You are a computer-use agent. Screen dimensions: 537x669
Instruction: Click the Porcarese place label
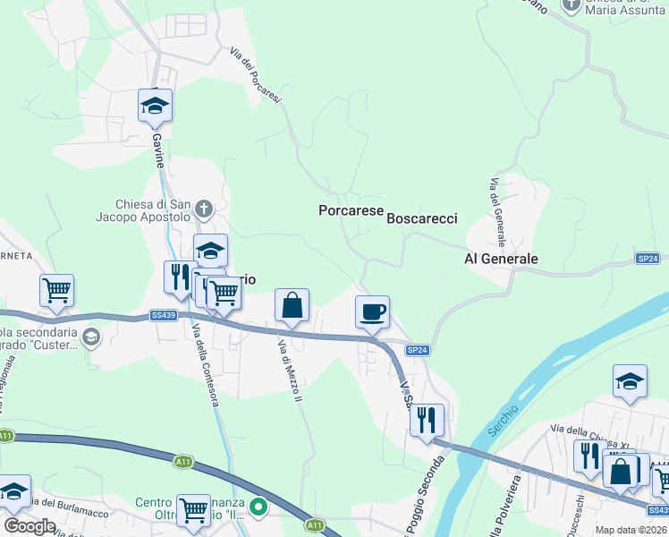[351, 210]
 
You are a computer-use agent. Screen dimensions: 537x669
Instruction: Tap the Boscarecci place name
[421, 218]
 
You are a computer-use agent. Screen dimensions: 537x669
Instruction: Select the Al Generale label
[501, 259]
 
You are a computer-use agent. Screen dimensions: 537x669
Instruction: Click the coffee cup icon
[372, 313]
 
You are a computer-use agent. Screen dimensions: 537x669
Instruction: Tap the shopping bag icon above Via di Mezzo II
[292, 306]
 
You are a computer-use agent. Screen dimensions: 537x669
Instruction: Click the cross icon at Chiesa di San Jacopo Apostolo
[204, 210]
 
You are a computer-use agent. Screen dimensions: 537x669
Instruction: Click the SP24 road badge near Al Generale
[648, 258]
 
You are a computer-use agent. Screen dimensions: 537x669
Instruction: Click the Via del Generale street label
[496, 212]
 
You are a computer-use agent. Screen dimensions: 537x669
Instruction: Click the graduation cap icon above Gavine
[155, 106]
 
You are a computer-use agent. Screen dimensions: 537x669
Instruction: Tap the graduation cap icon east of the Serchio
[630, 381]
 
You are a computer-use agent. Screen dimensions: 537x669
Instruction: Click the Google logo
[30, 525]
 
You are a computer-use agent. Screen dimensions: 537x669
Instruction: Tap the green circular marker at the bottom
[258, 507]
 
